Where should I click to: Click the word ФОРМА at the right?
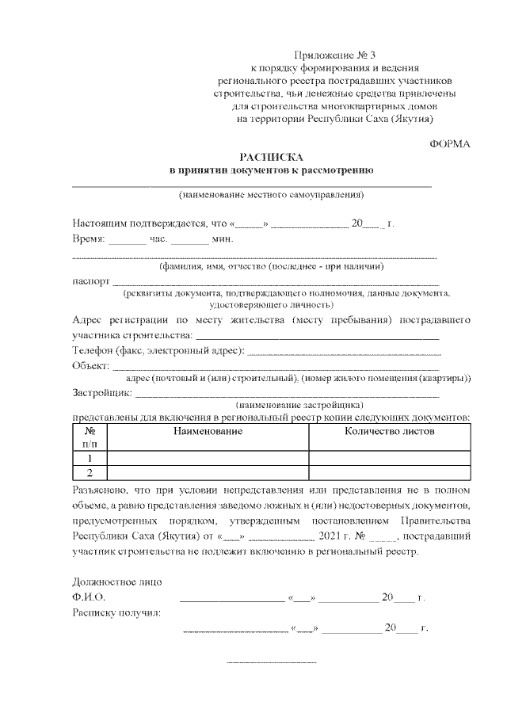click(x=449, y=143)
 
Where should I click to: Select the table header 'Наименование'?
click(x=208, y=431)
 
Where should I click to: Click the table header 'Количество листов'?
click(x=389, y=431)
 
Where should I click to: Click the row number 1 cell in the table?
click(x=90, y=458)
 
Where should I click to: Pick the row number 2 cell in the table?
click(x=90, y=473)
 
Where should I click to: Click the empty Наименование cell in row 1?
click(x=208, y=458)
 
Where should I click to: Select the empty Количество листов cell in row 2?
click(x=389, y=473)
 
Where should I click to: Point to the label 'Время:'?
click(x=88, y=238)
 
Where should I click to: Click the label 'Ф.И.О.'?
click(x=89, y=597)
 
